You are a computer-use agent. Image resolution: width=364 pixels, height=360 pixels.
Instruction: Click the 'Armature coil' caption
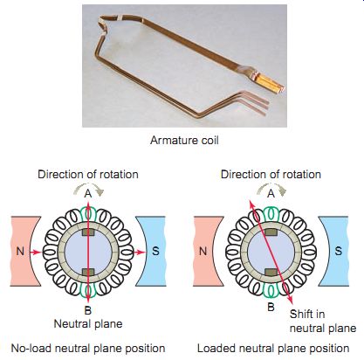pos(184,141)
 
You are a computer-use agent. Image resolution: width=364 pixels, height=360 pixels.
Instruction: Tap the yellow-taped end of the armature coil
pos(271,82)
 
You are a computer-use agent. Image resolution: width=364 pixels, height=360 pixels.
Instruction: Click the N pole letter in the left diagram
pos(20,251)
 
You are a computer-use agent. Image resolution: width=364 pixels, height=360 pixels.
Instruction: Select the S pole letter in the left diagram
pos(155,251)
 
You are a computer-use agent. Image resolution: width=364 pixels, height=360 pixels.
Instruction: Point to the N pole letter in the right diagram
pos(203,251)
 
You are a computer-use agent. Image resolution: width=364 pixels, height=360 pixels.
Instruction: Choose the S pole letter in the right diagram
pos(338,251)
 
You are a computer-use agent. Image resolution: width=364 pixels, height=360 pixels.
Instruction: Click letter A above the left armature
pos(88,193)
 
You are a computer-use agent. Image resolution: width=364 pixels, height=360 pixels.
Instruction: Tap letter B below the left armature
pos(88,310)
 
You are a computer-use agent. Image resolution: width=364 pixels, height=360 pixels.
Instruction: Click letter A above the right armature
pos(271,193)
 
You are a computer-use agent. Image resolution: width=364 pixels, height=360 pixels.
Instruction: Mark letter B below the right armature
pos(271,307)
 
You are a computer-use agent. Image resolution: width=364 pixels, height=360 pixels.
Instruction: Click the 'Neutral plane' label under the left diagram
pos(88,324)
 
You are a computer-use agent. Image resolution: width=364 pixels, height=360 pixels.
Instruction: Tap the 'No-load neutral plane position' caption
pos(88,349)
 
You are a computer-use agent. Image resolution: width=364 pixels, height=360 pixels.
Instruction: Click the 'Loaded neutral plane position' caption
pos(273,349)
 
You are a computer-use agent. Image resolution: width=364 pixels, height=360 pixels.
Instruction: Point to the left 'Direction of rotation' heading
pos(88,175)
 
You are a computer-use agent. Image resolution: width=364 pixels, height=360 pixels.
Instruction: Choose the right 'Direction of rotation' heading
pos(271,175)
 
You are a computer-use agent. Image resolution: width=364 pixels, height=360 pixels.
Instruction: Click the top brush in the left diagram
pos(88,232)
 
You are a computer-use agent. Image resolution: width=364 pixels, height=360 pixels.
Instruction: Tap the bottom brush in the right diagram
pos(271,273)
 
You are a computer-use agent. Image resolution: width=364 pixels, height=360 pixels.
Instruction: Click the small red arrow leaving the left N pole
pos(36,253)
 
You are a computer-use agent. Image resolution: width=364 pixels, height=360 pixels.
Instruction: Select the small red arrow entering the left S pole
pos(140,253)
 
